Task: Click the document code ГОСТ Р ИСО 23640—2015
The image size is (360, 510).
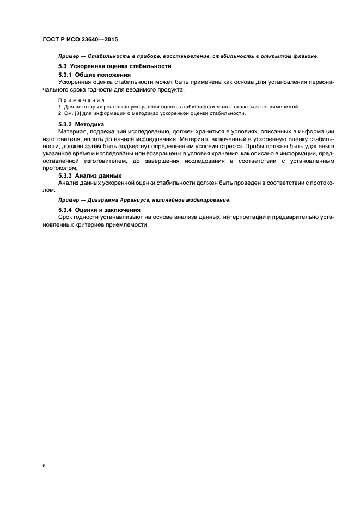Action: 80,40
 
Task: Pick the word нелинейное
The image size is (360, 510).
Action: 175,199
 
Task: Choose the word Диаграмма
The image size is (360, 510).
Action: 103,199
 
